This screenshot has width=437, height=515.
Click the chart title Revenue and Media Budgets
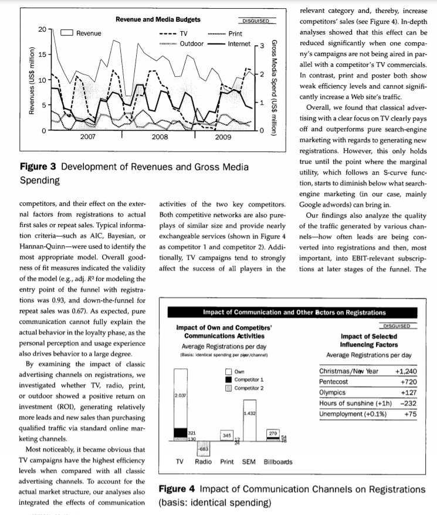[x=158, y=20]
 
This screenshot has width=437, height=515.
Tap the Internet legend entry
[x=239, y=43]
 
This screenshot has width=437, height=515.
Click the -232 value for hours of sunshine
[x=408, y=404]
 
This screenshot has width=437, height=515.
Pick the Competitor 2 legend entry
[x=248, y=388]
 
